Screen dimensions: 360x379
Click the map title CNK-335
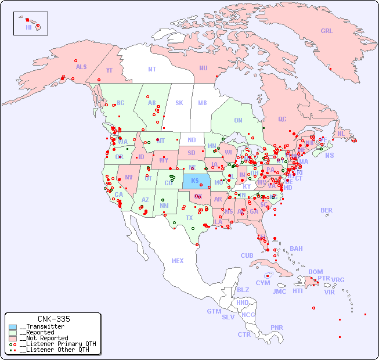click(x=53, y=319)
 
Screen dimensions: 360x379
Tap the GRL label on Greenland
click(x=327, y=31)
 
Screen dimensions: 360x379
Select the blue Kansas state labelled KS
click(x=195, y=181)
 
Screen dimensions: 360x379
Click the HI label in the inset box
click(x=28, y=27)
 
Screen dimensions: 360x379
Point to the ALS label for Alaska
click(x=81, y=67)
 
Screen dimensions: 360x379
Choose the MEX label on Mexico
click(x=178, y=261)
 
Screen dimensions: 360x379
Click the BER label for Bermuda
click(x=327, y=210)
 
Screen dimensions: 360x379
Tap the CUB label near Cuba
click(x=247, y=255)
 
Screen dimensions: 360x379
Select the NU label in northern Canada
click(x=203, y=68)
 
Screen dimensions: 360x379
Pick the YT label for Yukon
click(x=109, y=70)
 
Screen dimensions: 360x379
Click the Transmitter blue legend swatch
click(x=13, y=327)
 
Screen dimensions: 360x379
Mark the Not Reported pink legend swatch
click(x=13, y=338)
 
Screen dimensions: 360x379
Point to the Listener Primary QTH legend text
click(x=57, y=344)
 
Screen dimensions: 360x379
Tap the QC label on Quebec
click(x=282, y=119)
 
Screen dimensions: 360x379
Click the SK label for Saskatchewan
click(x=179, y=103)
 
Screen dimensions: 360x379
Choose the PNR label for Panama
click(x=277, y=327)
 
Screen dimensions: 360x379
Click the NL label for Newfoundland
click(x=341, y=133)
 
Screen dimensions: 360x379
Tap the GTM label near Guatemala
click(x=214, y=311)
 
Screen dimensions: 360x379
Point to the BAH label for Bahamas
click(x=296, y=249)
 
